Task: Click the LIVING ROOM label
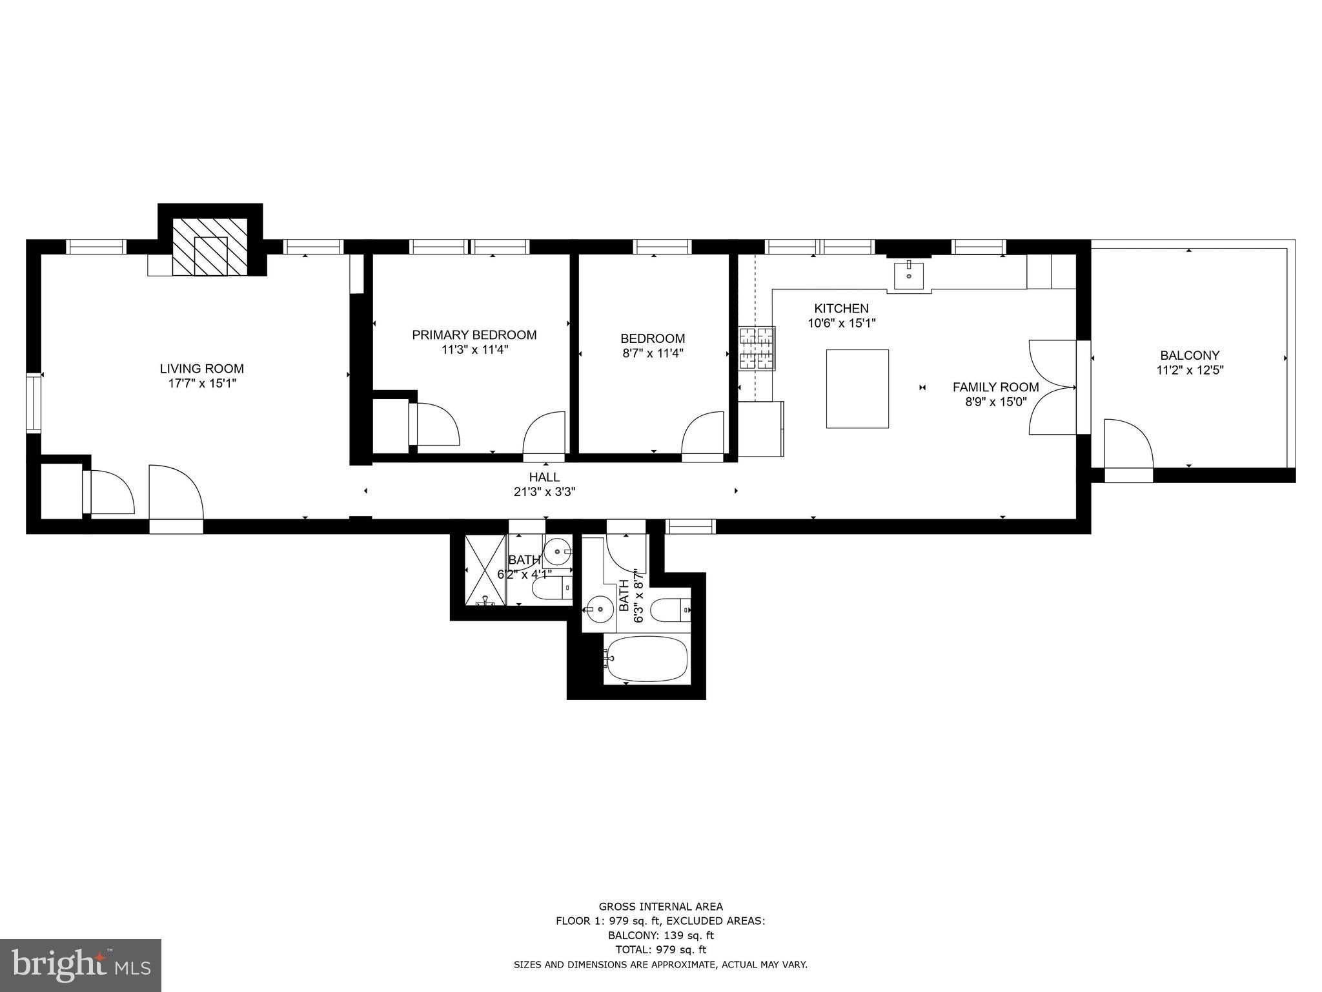pyautogui.click(x=201, y=369)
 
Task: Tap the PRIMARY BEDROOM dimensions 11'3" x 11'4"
pyautogui.click(x=474, y=350)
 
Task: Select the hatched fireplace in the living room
pyautogui.click(x=210, y=246)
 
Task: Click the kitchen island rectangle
pyautogui.click(x=857, y=389)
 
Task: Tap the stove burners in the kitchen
pyautogui.click(x=757, y=349)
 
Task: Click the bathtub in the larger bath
pyautogui.click(x=647, y=659)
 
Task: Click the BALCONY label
pyautogui.click(x=1189, y=355)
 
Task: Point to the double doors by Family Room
pyautogui.click(x=1051, y=387)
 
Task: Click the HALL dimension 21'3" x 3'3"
pyautogui.click(x=544, y=491)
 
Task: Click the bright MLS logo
pyautogui.click(x=81, y=965)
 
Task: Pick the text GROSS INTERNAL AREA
pyautogui.click(x=660, y=907)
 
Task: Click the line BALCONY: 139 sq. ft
pyautogui.click(x=660, y=935)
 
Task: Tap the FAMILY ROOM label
pyautogui.click(x=995, y=387)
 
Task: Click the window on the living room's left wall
pyautogui.click(x=33, y=402)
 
